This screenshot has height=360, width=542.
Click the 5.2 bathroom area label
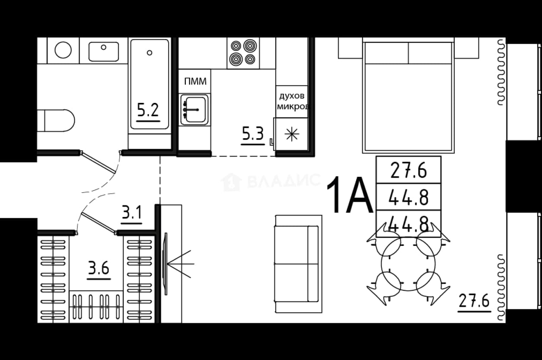(148, 110)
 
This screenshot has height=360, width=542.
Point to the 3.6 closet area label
(99, 268)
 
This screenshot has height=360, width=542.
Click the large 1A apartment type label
(350, 195)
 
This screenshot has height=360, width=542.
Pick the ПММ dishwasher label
(195, 82)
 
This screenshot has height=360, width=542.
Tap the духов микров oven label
(293, 101)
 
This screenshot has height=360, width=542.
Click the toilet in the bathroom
(56, 121)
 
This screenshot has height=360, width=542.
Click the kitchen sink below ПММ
(194, 110)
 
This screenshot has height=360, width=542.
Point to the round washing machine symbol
(63, 50)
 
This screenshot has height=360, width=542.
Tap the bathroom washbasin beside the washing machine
(104, 51)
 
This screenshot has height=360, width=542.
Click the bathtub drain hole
(150, 52)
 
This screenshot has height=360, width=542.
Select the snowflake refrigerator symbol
(292, 134)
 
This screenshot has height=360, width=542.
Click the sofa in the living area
(299, 264)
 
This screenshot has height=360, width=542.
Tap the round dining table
(408, 264)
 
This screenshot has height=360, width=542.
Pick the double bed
(408, 96)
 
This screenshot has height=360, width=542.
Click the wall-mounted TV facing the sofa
(166, 264)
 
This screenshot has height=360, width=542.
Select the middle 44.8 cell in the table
(408, 197)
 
